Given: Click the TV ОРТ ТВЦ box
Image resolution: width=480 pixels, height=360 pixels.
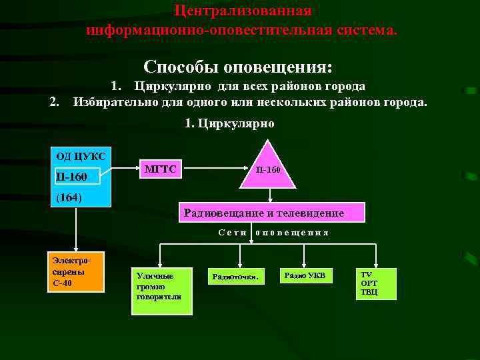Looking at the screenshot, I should pyautogui.click(x=376, y=283).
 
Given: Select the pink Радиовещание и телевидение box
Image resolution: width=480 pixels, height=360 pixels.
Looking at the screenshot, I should pyautogui.click(x=272, y=213).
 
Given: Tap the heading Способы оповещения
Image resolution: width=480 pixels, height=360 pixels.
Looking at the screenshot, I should pyautogui.click(x=237, y=67).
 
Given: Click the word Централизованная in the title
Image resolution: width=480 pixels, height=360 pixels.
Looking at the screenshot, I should pyautogui.click(x=242, y=11).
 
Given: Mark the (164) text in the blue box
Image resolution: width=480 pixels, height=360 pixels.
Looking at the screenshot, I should pyautogui.click(x=69, y=197).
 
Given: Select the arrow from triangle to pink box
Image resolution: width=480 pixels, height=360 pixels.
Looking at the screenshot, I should pyautogui.click(x=269, y=195).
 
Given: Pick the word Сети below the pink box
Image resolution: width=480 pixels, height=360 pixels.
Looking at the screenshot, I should pyautogui.click(x=233, y=233).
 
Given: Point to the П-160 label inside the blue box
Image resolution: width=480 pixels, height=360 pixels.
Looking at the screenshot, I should pyautogui.click(x=71, y=177).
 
